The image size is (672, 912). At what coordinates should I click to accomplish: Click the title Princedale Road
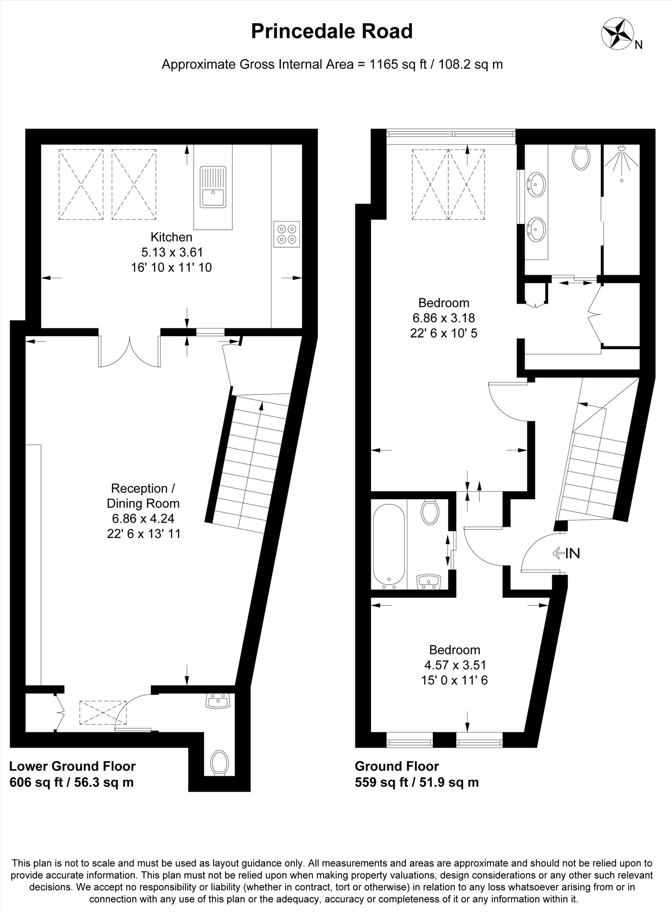(332, 31)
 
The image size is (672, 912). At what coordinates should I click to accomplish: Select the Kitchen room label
(171, 237)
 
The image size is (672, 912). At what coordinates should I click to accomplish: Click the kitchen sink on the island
(213, 187)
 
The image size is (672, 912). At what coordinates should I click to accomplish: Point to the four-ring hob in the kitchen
(287, 234)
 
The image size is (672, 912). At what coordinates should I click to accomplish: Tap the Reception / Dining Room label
(143, 496)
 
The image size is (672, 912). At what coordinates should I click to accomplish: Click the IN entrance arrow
(566, 554)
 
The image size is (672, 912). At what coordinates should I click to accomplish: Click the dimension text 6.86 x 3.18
(444, 318)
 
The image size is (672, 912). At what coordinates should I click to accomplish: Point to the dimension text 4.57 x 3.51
(455, 665)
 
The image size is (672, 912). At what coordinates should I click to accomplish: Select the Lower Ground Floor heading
(72, 766)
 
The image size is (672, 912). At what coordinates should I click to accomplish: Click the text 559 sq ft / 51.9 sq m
(417, 782)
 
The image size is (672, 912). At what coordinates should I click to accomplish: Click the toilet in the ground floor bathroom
(430, 512)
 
